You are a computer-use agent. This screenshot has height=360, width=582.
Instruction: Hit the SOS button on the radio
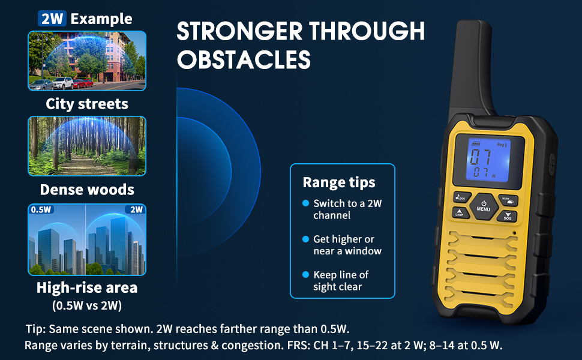507,215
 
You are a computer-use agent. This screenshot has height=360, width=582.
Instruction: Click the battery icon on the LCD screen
476,144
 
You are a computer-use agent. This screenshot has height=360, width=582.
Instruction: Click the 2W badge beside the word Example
52,18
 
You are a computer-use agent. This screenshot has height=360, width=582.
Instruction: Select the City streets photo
87,61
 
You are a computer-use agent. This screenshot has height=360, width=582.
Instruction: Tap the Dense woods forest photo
87,146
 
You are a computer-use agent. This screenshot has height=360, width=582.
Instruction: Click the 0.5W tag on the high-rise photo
41,210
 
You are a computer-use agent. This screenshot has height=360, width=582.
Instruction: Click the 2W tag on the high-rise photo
136,210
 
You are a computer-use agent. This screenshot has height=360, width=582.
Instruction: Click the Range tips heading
338,182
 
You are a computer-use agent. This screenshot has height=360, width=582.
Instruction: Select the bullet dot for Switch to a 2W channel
305,203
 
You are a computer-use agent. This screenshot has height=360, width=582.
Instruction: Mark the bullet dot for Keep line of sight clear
305,274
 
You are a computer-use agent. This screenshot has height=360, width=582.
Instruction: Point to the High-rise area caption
87,287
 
